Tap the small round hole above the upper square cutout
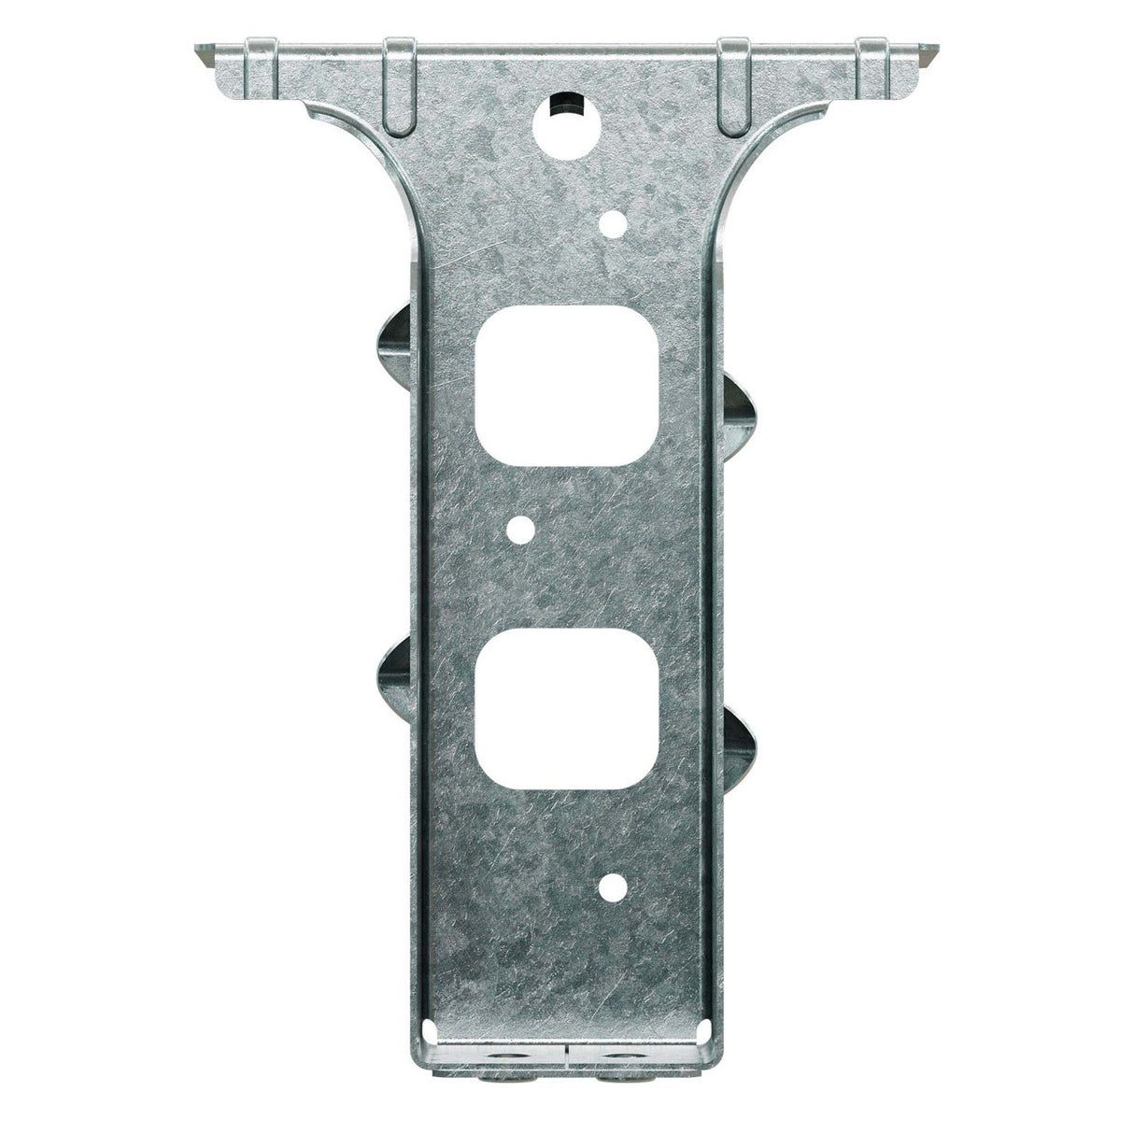tap(614, 222)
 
